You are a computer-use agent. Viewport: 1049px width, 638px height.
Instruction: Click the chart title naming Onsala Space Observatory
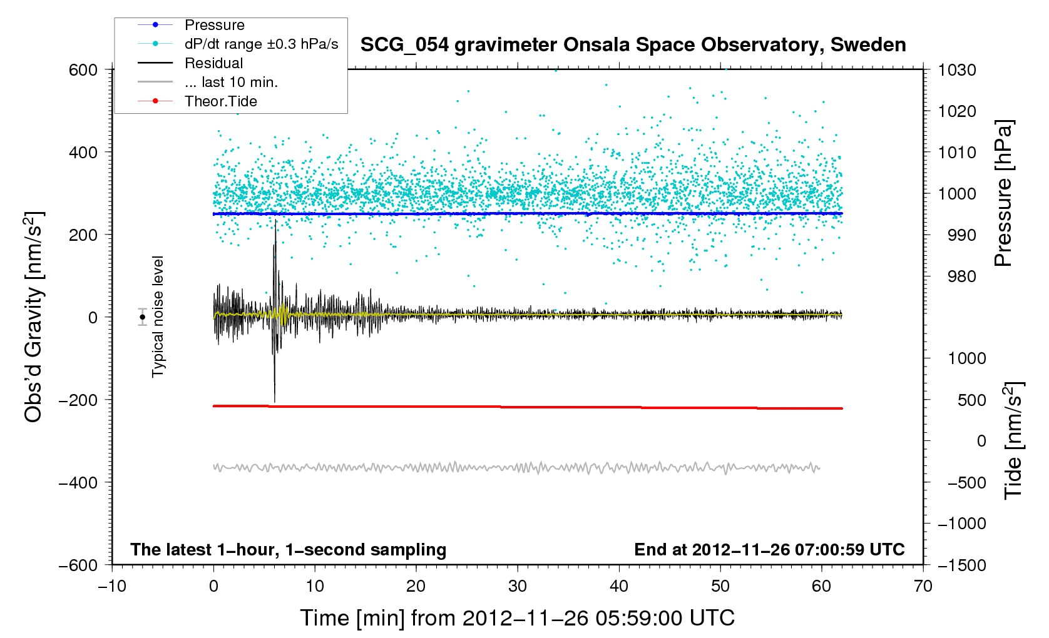(633, 45)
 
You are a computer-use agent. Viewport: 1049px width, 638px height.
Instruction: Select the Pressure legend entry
(214, 25)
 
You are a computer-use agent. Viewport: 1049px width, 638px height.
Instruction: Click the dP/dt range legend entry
(261, 44)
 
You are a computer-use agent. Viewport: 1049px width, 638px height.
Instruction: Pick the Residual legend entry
(213, 63)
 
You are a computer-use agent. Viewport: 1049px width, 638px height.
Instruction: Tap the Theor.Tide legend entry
(220, 101)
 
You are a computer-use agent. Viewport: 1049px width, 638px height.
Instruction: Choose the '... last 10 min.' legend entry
(231, 82)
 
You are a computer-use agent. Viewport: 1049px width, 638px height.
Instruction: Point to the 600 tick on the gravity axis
(83, 70)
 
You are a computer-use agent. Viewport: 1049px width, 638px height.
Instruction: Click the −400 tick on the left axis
(78, 482)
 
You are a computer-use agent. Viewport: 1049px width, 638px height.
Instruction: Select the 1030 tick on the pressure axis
(957, 70)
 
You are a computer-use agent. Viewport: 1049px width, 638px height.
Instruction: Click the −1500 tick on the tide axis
(961, 565)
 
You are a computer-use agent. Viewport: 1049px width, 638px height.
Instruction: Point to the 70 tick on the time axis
(923, 586)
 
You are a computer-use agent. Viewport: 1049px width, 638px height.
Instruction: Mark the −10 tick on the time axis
(112, 586)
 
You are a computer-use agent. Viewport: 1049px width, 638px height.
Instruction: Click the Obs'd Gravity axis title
(33, 317)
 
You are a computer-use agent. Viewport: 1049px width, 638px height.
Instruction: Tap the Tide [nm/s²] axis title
(1013, 440)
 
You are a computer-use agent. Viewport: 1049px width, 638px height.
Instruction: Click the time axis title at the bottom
(517, 618)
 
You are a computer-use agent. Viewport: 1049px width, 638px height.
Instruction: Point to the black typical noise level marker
(143, 317)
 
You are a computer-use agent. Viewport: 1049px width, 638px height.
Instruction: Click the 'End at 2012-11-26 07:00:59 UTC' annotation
(769, 550)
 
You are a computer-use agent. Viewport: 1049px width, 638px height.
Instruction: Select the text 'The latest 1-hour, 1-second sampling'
(289, 550)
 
